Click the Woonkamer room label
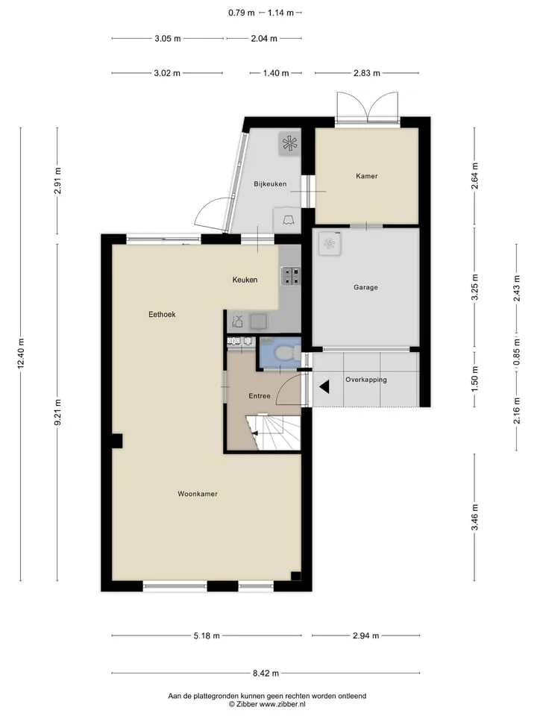click(197, 494)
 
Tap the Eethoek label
click(162, 314)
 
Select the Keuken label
click(245, 280)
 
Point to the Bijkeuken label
click(270, 184)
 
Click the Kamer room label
click(367, 176)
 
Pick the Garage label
click(365, 287)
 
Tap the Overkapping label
click(366, 380)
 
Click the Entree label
click(260, 396)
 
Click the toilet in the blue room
click(287, 354)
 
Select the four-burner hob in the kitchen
click(290, 276)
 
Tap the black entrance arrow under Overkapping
click(324, 387)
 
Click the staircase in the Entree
click(273, 433)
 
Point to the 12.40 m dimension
click(21, 354)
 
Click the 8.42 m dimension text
click(266, 673)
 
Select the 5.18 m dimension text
click(207, 635)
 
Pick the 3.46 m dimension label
click(474, 517)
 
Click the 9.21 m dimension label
click(57, 412)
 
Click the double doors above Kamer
click(368, 107)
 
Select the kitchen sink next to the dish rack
click(259, 321)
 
